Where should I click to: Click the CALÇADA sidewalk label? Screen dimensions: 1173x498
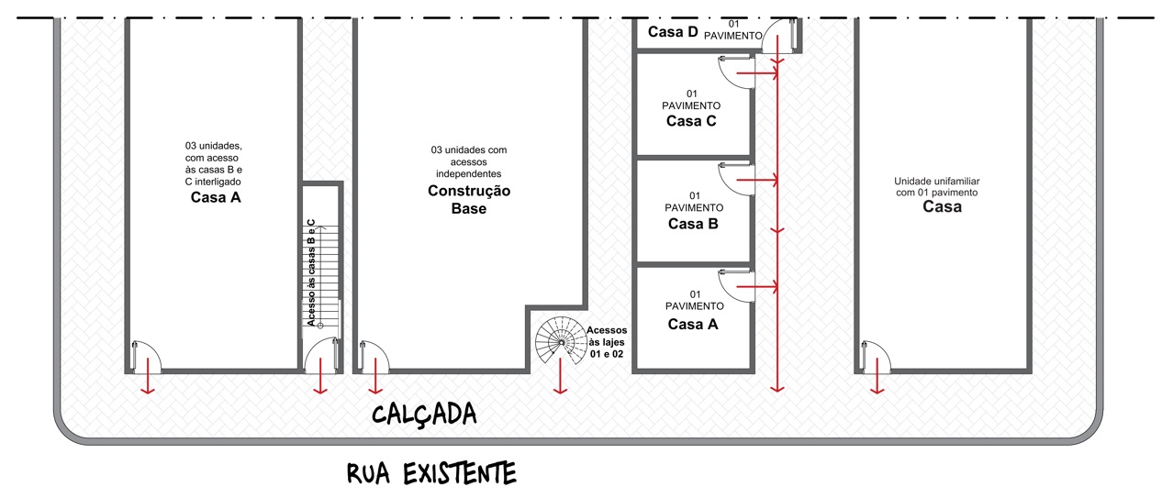click(x=424, y=415)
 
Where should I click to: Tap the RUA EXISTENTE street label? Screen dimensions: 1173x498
click(x=431, y=473)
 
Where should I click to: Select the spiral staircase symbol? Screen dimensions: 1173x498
click(x=561, y=342)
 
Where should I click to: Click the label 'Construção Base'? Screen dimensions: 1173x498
click(x=469, y=199)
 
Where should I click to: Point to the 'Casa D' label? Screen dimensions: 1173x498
click(x=673, y=32)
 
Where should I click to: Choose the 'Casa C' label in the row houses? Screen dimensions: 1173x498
click(x=691, y=121)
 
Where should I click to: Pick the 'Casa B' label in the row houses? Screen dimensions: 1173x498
click(x=693, y=224)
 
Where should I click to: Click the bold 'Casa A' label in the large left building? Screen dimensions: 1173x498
click(x=216, y=197)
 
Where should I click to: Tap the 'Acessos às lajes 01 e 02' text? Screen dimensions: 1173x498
click(x=607, y=342)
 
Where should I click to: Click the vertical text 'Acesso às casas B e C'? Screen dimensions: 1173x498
click(x=311, y=273)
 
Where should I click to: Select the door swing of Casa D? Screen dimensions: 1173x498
click(x=779, y=36)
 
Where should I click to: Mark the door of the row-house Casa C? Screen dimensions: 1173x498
click(x=735, y=72)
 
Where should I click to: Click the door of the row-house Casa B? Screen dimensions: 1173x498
click(x=735, y=179)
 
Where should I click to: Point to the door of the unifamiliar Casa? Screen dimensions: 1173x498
click(x=876, y=357)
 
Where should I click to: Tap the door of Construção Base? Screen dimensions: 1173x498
click(x=374, y=357)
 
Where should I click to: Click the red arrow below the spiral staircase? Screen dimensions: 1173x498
click(x=560, y=376)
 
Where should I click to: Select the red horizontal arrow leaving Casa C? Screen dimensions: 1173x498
click(x=756, y=73)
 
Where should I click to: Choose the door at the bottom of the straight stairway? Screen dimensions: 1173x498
click(x=320, y=356)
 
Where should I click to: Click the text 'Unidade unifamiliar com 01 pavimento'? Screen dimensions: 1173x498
click(x=936, y=187)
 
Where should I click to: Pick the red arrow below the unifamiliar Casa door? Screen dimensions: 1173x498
click(x=877, y=376)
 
